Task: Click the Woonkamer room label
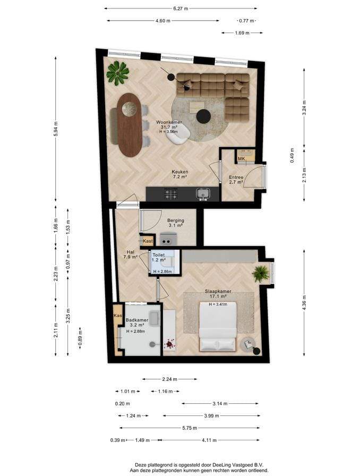169,122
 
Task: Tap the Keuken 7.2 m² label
179,174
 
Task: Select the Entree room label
236,177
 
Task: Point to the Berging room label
176,220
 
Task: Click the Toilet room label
158,255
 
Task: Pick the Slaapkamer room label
218,291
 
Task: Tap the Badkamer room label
137,320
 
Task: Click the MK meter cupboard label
241,158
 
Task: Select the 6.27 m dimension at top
181,8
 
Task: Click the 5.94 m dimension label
56,129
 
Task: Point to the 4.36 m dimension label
304,302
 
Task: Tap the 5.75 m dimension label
190,428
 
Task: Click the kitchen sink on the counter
202,193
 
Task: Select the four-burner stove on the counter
171,194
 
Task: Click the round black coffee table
204,116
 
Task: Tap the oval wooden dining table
130,125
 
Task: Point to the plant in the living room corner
118,73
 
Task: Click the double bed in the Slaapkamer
218,327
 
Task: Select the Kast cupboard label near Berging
148,241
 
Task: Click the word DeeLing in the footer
221,465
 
